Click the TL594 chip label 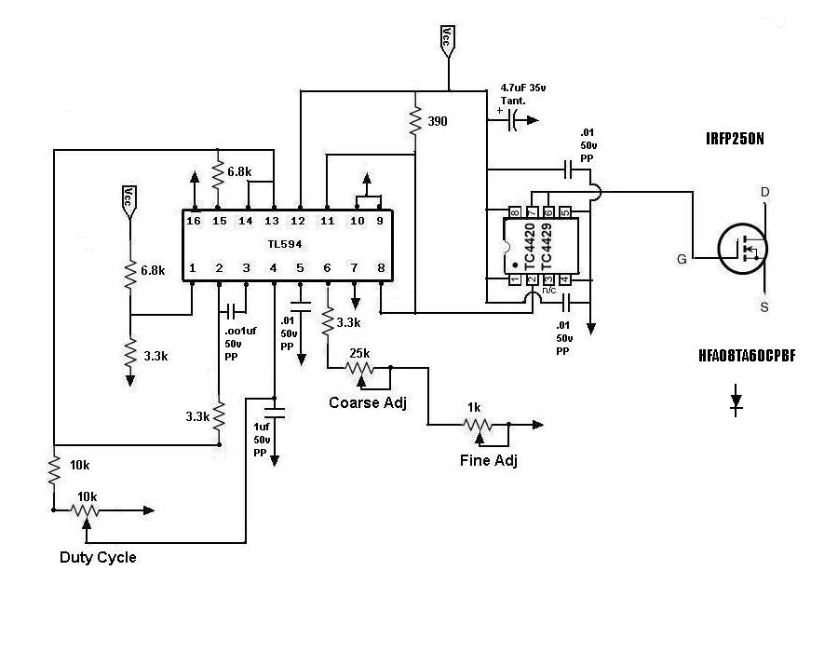click(285, 244)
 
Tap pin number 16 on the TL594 click(194, 221)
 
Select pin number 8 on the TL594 click(381, 267)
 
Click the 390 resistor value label click(438, 121)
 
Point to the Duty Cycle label click(98, 557)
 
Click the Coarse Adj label click(368, 402)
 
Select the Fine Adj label click(489, 460)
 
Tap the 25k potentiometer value click(359, 353)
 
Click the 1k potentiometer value click(474, 408)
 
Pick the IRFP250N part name click(735, 139)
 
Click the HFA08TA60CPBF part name click(747, 356)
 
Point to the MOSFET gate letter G click(682, 259)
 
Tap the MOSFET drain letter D click(764, 193)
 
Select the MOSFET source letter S click(764, 307)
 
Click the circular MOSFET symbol click(742, 249)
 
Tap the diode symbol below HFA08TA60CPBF click(737, 401)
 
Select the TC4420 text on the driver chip click(529, 247)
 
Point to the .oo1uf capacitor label click(240, 331)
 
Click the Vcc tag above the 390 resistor click(448, 39)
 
